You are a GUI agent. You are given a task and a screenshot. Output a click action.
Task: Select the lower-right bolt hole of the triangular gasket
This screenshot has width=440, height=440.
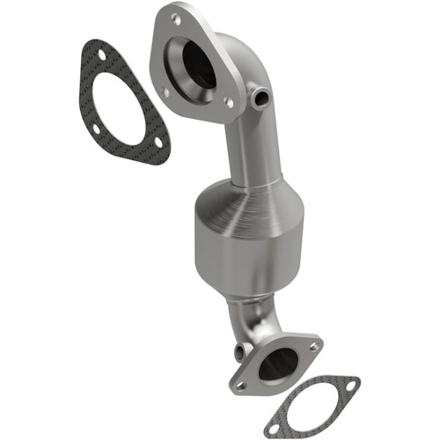157,147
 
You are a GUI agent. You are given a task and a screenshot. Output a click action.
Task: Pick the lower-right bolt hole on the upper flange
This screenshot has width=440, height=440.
230,103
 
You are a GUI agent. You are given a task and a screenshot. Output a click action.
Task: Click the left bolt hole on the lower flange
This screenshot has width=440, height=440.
240,384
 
